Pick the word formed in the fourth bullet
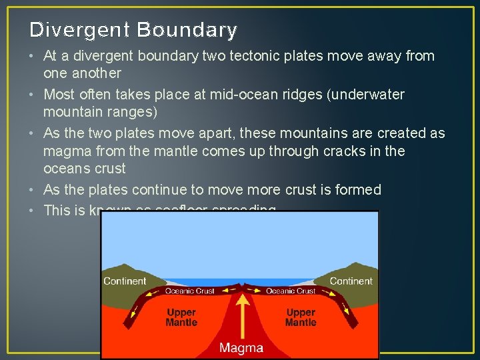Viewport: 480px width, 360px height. tap(359, 190)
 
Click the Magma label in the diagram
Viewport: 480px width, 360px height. tap(241, 348)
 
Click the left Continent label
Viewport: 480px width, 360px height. tap(125, 281)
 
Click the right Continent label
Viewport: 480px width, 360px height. tap(351, 281)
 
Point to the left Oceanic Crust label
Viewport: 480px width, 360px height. tap(189, 291)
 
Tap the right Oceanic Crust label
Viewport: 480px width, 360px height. tap(291, 291)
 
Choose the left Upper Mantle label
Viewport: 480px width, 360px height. tap(181, 317)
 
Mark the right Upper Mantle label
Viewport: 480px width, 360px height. tap(301, 317)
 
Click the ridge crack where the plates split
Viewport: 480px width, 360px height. tap(241, 287)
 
